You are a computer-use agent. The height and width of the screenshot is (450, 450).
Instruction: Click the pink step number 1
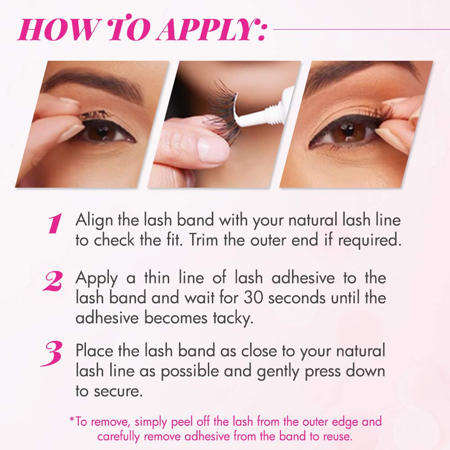point(55,223)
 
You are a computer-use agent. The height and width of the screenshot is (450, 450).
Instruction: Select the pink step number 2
point(53,281)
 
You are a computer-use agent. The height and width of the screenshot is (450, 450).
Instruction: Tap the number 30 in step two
point(253,297)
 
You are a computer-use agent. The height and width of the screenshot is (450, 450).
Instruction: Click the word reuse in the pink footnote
point(337,436)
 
